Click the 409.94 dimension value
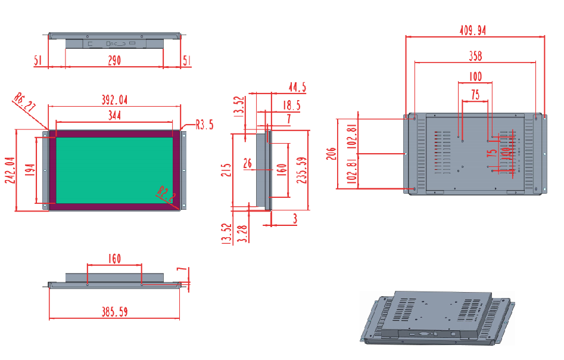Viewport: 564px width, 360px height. point(473,30)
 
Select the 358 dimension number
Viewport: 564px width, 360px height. point(475,56)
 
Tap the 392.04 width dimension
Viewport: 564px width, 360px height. point(111,100)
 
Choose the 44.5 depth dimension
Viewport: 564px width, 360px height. point(297,88)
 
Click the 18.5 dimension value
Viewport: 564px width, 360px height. point(291,105)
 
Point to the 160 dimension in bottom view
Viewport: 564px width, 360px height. point(114,259)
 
